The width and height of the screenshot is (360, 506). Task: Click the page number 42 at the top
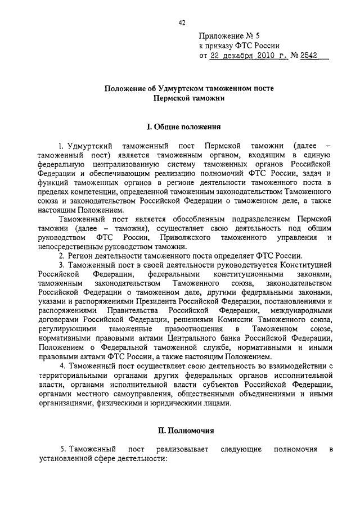(x=181, y=23)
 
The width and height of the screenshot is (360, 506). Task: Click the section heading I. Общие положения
(x=180, y=127)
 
